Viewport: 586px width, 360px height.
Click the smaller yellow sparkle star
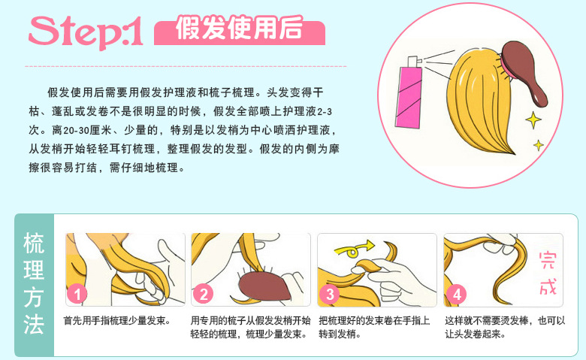pos(538,144)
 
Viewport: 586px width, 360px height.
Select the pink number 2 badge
pos(203,294)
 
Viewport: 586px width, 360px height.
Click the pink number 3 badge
pos(329,294)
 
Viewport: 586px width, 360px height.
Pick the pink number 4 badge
pos(455,294)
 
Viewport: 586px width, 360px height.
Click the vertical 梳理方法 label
pos(34,285)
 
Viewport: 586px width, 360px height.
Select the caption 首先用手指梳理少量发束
pos(116,321)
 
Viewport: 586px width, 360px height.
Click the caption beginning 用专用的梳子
pos(248,327)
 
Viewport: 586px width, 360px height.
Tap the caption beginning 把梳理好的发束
pos(374,327)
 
